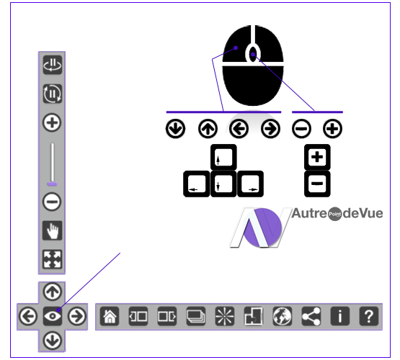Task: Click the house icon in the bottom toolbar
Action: (x=110, y=316)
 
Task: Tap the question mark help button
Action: (x=368, y=316)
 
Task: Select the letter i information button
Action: (x=339, y=316)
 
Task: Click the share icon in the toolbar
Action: (x=311, y=316)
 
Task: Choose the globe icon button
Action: (x=282, y=316)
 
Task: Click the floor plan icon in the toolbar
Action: (x=253, y=316)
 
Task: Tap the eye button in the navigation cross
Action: (x=53, y=316)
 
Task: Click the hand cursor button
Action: (x=53, y=230)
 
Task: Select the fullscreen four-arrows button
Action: (x=53, y=259)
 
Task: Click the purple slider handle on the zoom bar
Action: (x=52, y=184)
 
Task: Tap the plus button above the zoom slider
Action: (x=52, y=122)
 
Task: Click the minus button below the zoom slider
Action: (x=52, y=202)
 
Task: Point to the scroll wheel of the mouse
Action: (x=253, y=54)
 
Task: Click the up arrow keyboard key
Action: (x=223, y=157)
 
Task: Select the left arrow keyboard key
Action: (x=197, y=184)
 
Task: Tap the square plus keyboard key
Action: (x=317, y=157)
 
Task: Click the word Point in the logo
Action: (x=334, y=214)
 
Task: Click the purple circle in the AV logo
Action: (x=263, y=228)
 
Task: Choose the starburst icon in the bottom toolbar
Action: (x=224, y=316)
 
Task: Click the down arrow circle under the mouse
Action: (x=176, y=128)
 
